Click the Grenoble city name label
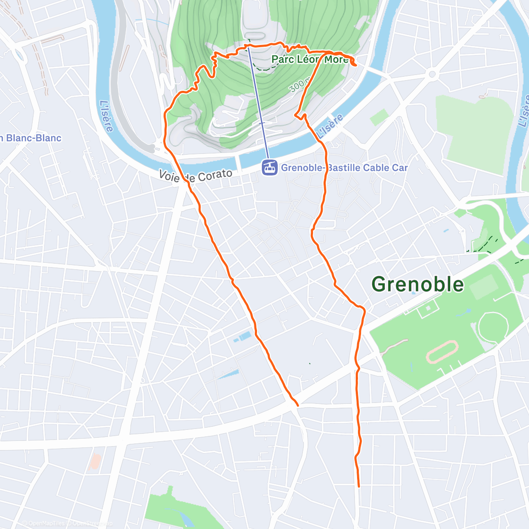tap(417, 284)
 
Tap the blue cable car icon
tap(270, 168)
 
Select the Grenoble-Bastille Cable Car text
tap(344, 168)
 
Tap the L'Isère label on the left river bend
tap(106, 116)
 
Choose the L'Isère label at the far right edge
tap(524, 110)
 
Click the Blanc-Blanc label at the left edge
tap(31, 138)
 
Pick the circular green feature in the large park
tap(493, 327)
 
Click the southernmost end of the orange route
tap(359, 486)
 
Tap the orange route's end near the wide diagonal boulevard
tap(298, 405)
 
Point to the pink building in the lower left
tap(94, 462)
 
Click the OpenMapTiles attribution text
tap(44, 523)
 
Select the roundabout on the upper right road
tap(432, 74)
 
